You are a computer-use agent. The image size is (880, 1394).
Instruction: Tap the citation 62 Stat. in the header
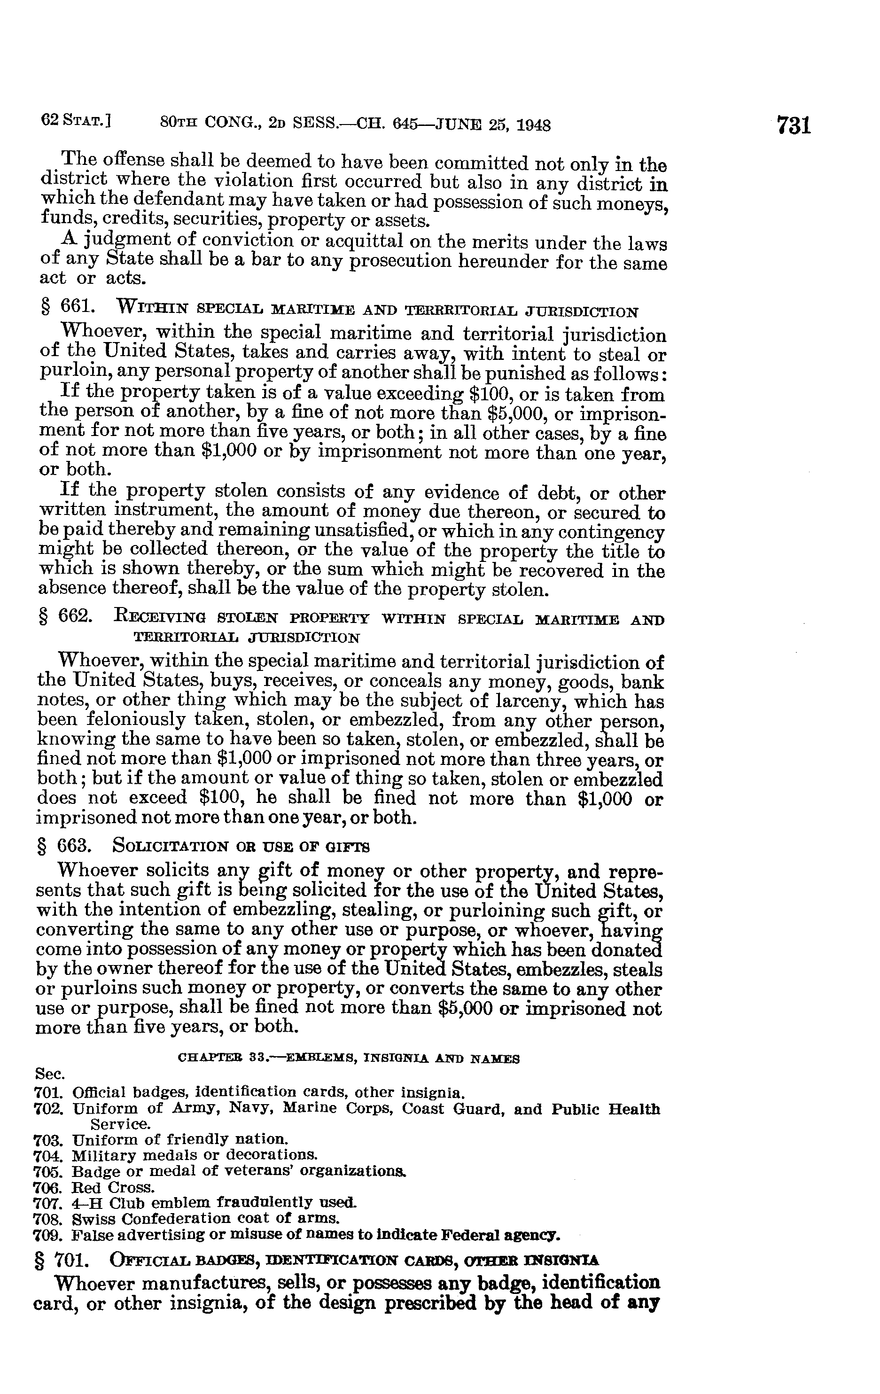pos(76,122)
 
